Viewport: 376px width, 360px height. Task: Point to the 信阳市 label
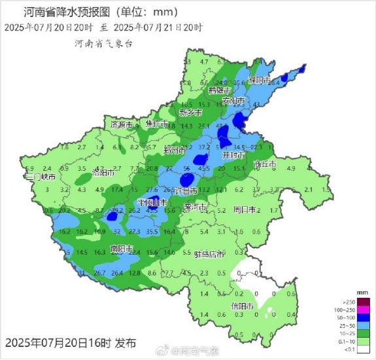click(241, 306)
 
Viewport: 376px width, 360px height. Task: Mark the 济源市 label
click(122, 124)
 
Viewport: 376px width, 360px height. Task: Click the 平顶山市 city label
click(151, 203)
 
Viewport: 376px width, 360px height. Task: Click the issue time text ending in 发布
click(71, 342)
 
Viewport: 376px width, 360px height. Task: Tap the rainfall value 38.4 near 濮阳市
click(275, 82)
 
